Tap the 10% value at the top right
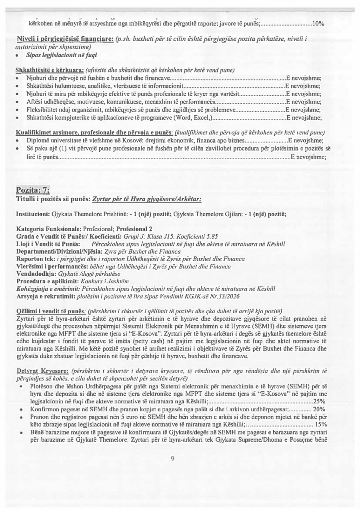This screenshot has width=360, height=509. pyautogui.click(x=318, y=24)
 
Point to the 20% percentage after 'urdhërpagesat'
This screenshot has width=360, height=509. pyautogui.click(x=319, y=409)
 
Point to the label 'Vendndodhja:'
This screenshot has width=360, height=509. pyautogui.click(x=36, y=274)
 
